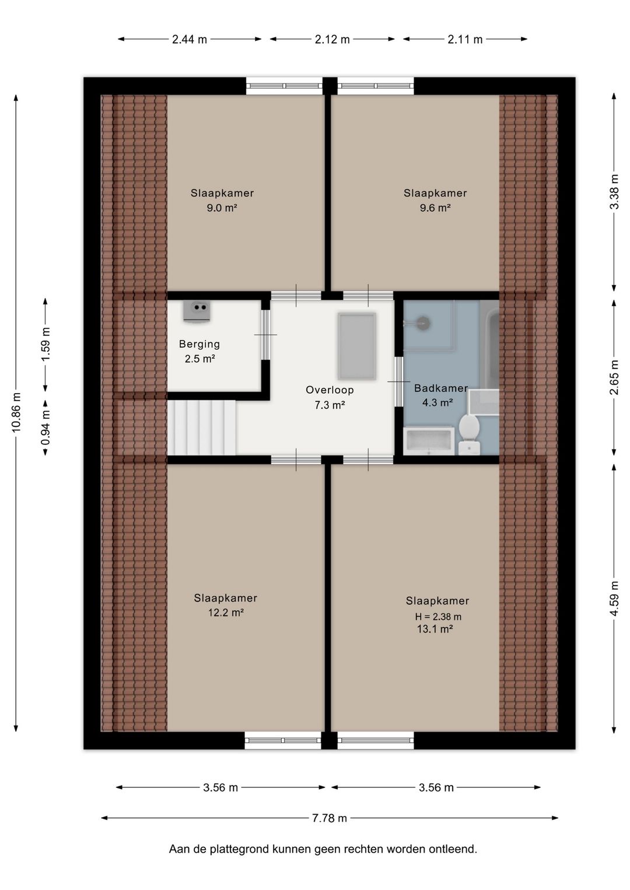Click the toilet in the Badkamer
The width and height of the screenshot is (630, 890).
(x=469, y=435)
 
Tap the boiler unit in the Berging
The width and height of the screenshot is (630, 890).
(x=197, y=311)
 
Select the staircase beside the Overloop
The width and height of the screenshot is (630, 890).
(x=201, y=427)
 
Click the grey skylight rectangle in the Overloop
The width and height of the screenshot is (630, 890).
(x=357, y=346)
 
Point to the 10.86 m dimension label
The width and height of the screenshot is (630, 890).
(x=16, y=412)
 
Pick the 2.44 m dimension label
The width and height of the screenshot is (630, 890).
(x=189, y=39)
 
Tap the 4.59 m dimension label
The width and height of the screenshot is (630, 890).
(x=614, y=598)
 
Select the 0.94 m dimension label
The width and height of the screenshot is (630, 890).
(x=45, y=428)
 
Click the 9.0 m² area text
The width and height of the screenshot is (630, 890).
(x=222, y=208)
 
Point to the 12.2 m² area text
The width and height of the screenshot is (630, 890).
(x=226, y=612)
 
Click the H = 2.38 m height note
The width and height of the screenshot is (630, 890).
(x=438, y=616)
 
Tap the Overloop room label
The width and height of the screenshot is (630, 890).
(x=330, y=390)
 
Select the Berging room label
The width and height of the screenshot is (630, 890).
(x=199, y=344)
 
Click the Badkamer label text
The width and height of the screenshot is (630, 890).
(x=441, y=388)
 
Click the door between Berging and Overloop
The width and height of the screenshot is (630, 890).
(x=265, y=335)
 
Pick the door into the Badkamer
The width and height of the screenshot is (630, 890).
(x=398, y=382)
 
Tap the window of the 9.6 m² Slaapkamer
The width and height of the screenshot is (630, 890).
(x=376, y=86)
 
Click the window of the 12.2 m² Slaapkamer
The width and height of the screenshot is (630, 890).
(x=282, y=741)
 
